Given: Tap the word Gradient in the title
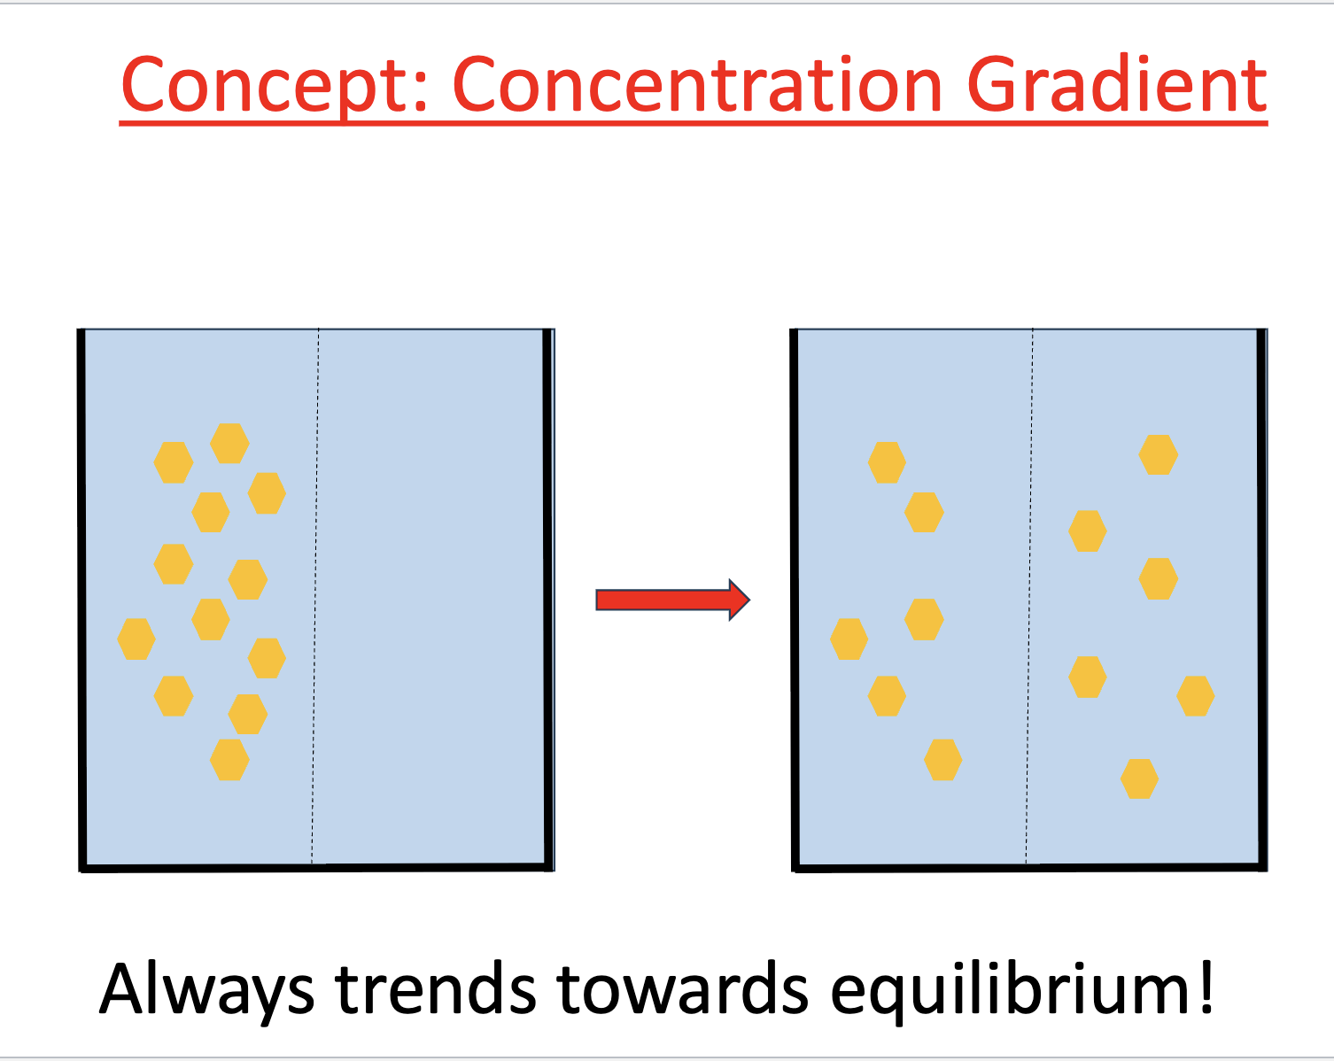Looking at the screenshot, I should pyautogui.click(x=1116, y=86).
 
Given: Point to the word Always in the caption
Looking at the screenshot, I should pyautogui.click(x=206, y=989).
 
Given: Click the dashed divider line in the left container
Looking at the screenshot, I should pyautogui.click(x=315, y=593).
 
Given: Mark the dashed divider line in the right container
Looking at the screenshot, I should pyautogui.click(x=1029, y=593).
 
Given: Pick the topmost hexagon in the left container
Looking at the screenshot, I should pyautogui.click(x=229, y=443).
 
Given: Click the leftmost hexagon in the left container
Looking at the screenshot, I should pyautogui.click(x=136, y=639).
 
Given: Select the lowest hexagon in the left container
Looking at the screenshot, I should pyautogui.click(x=229, y=760).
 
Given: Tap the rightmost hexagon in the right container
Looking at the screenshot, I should pyautogui.click(x=1195, y=696).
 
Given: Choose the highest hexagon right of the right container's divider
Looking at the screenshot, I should pyautogui.click(x=1158, y=454).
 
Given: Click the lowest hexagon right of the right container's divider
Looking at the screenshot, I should pyautogui.click(x=1139, y=778).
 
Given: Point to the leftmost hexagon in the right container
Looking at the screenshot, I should pyautogui.click(x=849, y=639).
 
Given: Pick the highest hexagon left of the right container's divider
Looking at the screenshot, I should pyautogui.click(x=887, y=462).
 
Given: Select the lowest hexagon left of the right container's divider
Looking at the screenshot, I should pyautogui.click(x=942, y=760).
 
